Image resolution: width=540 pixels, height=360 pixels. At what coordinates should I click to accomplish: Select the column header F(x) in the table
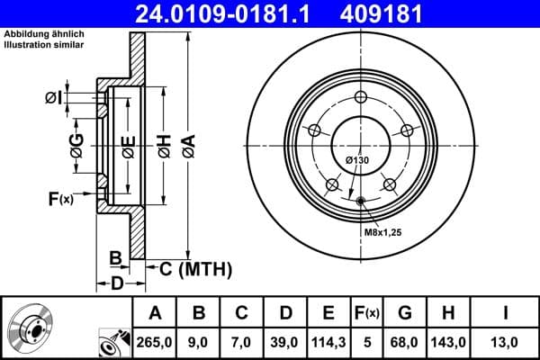pyautogui.click(x=366, y=312)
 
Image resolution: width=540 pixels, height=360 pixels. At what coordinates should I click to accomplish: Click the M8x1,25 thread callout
pyautogui.click(x=382, y=233)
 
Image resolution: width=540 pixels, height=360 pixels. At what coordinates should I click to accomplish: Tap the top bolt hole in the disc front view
pyautogui.click(x=360, y=98)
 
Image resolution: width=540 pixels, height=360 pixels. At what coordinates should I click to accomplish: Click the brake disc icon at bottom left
pyautogui.click(x=31, y=328)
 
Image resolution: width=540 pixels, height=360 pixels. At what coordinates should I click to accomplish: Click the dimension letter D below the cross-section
pyautogui.click(x=117, y=283)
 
